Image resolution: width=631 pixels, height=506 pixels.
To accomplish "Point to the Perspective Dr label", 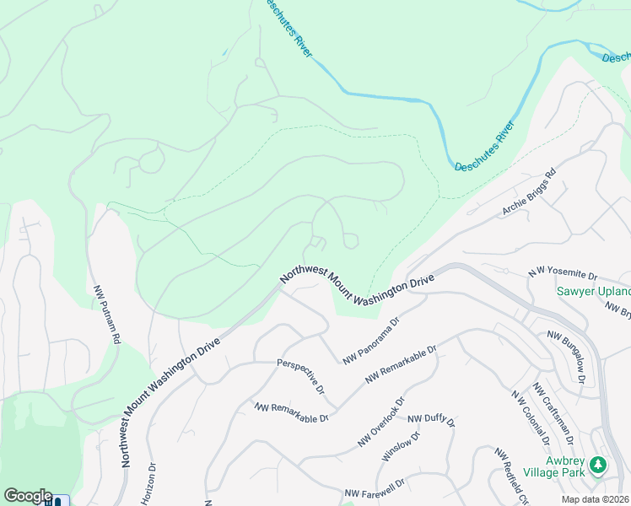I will click(301, 376).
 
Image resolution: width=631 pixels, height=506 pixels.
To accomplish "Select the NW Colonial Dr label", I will click(530, 417).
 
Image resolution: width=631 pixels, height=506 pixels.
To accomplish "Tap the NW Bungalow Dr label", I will click(566, 355).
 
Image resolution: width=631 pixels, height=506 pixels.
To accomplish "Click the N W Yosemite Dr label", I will click(562, 274).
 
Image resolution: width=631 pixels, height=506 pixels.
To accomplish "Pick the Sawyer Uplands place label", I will click(593, 292).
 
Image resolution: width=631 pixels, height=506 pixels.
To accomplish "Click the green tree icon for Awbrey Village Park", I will click(597, 465).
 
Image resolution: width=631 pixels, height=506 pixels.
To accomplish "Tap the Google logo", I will click(28, 495).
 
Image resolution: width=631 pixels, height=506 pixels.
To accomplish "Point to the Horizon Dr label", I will click(153, 482).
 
